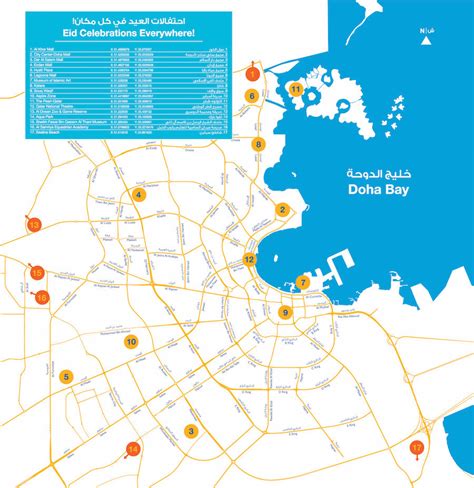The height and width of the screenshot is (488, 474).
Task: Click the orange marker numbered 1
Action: (x=252, y=74)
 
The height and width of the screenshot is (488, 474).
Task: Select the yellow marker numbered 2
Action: (x=283, y=210)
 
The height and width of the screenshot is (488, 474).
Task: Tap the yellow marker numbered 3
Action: (x=190, y=432)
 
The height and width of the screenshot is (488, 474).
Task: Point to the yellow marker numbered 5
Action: (x=65, y=377)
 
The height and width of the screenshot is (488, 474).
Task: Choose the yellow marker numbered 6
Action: (x=252, y=97)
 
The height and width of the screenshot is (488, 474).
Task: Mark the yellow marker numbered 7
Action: (x=303, y=283)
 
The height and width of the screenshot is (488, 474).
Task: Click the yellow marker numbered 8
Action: (x=258, y=144)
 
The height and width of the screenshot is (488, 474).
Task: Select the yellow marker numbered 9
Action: (x=285, y=313)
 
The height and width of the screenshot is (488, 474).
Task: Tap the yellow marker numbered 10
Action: (x=131, y=342)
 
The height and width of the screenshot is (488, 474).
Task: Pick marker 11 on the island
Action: (x=296, y=89)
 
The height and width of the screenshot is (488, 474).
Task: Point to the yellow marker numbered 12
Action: (x=249, y=260)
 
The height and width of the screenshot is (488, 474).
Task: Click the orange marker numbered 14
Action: (x=133, y=449)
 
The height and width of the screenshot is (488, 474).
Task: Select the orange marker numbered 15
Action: (x=37, y=272)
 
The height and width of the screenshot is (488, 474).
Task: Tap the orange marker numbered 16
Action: (x=42, y=297)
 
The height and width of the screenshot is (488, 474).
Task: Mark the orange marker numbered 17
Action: (x=417, y=447)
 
